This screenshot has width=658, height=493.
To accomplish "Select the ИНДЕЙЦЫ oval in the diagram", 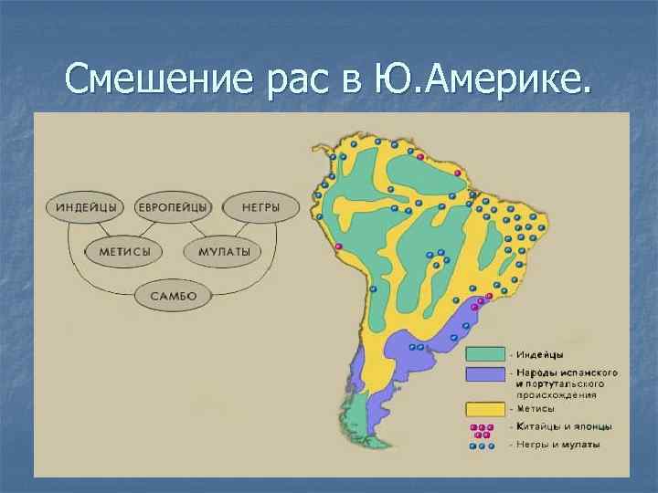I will pos(87,206).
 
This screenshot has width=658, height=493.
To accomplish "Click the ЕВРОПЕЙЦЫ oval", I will pos(174,206).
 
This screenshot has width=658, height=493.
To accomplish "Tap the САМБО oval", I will pos(174,295).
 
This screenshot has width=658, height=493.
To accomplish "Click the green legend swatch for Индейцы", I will pos(485,353).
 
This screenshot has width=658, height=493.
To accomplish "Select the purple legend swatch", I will pos(485,374).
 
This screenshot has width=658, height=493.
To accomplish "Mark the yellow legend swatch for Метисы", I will pos(485,408).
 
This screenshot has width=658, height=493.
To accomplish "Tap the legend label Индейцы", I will pos(539,354).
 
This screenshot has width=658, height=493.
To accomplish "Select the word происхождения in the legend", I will pos(557,395).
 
